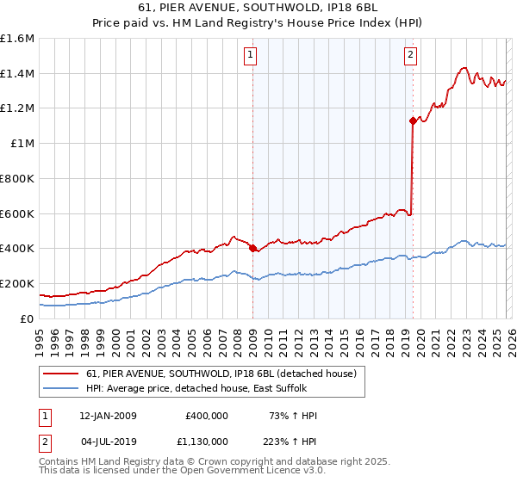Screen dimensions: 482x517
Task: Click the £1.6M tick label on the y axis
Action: pos(17,39)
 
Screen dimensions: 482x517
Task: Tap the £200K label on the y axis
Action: pos(17,283)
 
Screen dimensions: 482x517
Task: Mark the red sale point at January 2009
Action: pos(252,249)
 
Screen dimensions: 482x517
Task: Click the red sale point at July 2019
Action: pos(413,121)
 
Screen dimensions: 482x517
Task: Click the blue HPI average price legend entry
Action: pos(202,388)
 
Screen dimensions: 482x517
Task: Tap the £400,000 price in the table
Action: pos(207,416)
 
